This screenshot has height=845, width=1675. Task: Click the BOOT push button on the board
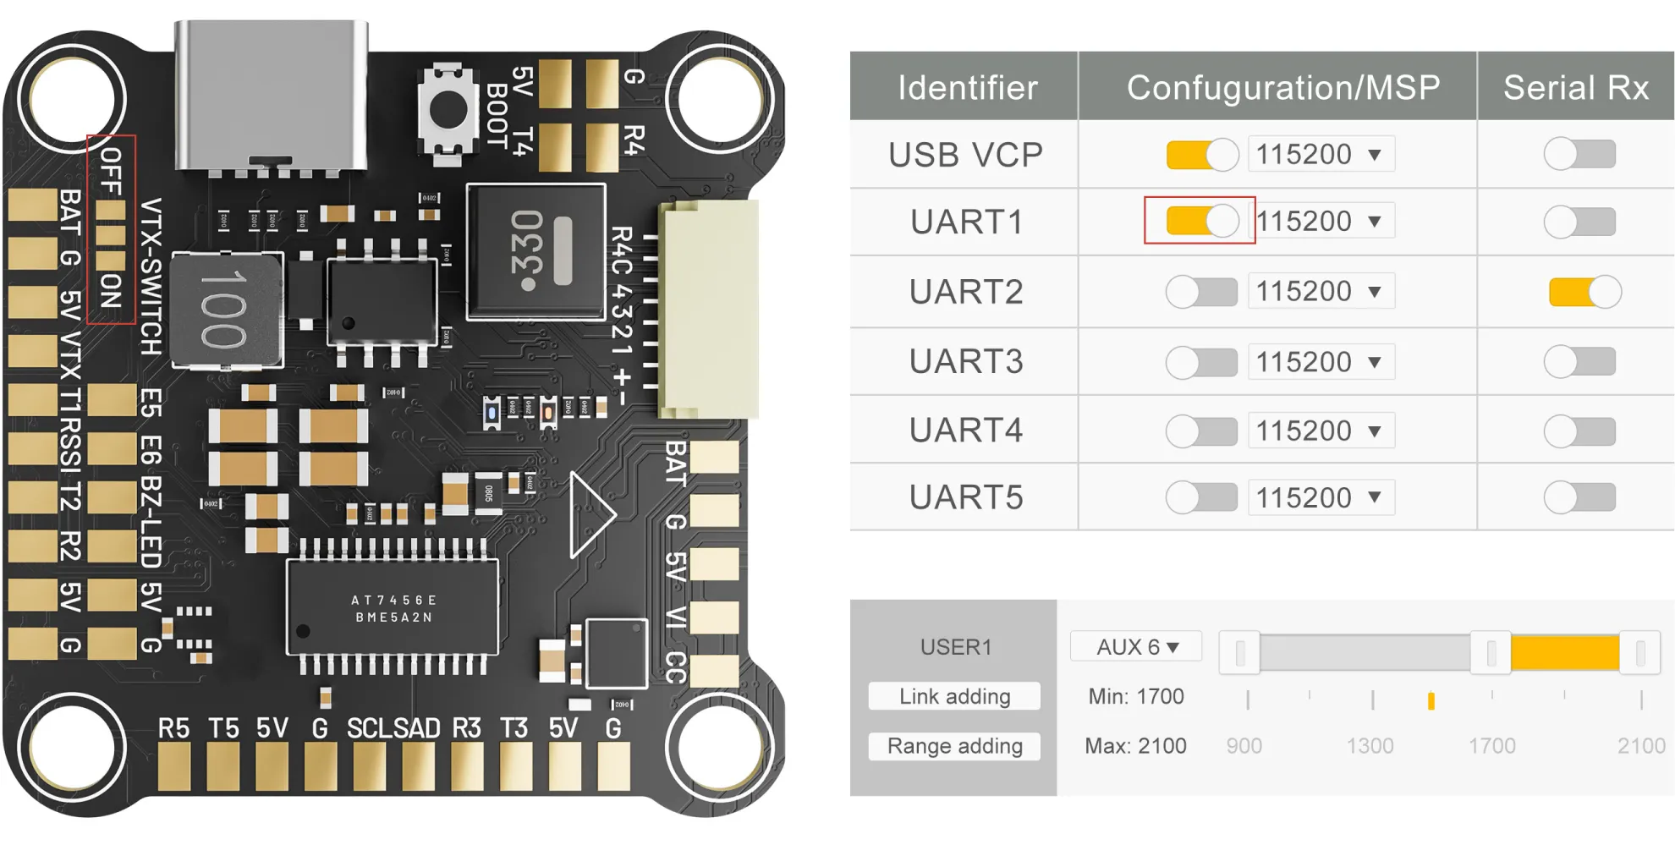coord(448,110)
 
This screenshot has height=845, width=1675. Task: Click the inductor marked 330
coord(536,250)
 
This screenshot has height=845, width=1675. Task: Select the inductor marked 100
coord(227,310)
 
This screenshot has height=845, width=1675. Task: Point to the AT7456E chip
coord(393,607)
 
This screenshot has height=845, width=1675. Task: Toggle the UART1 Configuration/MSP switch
coord(1201,221)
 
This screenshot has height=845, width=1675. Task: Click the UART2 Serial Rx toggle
coord(1584,292)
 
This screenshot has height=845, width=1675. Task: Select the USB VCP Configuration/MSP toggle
coord(1201,155)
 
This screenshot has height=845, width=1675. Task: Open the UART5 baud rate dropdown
coord(1320,497)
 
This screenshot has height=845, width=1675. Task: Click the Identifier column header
coord(966,88)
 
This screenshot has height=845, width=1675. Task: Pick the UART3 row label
coord(966,361)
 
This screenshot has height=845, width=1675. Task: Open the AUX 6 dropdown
coord(1136,647)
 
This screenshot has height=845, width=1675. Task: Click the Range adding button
coord(954,746)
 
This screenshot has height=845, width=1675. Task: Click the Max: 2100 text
coord(1135,746)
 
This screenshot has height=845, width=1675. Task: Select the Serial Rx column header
coord(1575,88)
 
